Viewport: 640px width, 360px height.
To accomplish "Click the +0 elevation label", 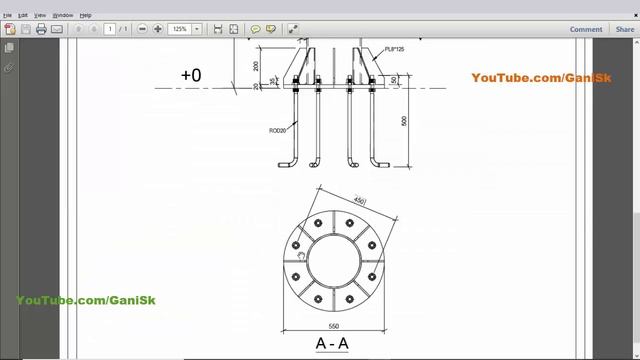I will (191, 75).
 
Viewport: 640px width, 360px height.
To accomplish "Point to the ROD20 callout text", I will (278, 130).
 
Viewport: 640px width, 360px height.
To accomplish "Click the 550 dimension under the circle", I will (333, 327).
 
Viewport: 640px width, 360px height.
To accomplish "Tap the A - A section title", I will (333, 344).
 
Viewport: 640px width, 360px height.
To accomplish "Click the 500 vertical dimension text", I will (404, 121).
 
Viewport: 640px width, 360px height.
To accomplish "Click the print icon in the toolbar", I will (41, 29).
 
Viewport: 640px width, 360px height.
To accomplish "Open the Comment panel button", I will (586, 29).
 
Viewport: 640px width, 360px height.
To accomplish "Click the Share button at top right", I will (624, 29).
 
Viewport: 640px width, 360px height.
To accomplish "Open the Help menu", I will (85, 15).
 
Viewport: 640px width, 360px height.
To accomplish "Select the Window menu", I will (62, 15).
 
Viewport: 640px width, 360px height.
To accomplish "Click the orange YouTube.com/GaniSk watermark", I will (541, 78).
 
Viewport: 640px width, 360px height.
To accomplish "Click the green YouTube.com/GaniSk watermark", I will (86, 300).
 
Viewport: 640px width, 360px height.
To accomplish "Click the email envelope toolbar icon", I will (57, 29).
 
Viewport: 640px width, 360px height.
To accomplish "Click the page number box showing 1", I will (110, 29).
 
